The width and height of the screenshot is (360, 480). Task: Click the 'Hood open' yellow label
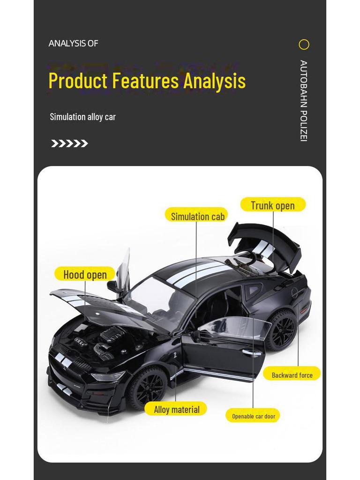point(85,274)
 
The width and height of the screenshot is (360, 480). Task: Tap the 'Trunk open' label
point(273,205)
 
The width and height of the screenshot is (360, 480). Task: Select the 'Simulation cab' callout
point(196,216)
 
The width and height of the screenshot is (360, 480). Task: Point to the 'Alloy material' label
point(176,409)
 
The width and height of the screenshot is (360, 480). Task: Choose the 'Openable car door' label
point(253,416)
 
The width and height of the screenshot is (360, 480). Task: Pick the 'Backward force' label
point(292,374)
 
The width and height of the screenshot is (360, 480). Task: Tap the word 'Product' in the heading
point(78,81)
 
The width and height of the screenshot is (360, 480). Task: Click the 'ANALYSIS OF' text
point(73,44)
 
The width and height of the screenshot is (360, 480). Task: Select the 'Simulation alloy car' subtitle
point(82,117)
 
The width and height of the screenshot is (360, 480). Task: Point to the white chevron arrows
point(69,143)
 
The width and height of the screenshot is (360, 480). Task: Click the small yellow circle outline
point(304,45)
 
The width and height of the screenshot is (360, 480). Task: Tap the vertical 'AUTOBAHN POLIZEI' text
point(303,101)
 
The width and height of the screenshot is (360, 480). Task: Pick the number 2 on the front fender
point(175,355)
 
